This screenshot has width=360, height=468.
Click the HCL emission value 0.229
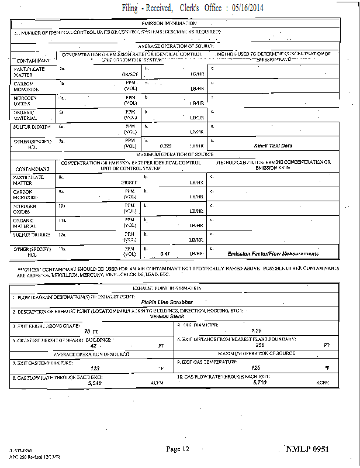166,146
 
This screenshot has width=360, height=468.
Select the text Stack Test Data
273,146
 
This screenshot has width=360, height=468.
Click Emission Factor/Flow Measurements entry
273,254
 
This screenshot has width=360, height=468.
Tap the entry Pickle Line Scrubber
167,302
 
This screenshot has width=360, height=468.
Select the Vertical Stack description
167,316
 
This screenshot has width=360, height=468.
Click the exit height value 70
88,331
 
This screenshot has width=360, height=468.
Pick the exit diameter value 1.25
256,331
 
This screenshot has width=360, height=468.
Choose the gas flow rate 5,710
260,383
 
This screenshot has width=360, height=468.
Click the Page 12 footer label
178,449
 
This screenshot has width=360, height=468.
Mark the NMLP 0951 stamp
307,449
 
